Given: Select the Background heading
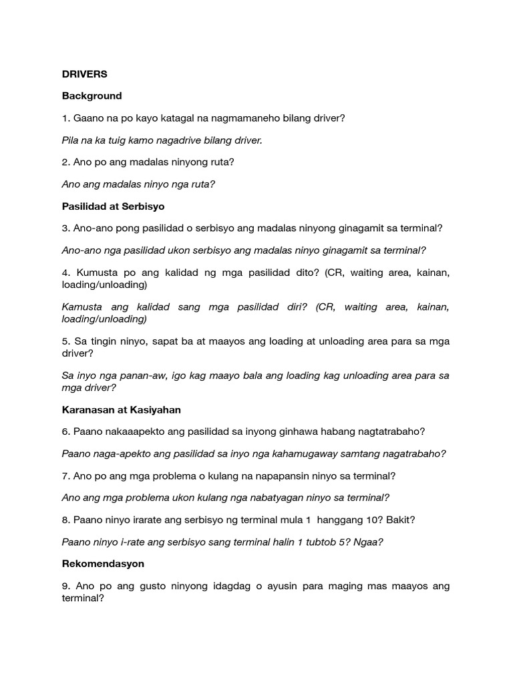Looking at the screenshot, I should pyautogui.click(x=92, y=96).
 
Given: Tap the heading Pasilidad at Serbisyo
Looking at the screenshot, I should pyautogui.click(x=113, y=206).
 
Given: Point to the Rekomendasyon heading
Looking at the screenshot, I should pyautogui.click(x=103, y=564).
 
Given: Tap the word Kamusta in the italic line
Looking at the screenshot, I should pyautogui.click(x=84, y=307).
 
